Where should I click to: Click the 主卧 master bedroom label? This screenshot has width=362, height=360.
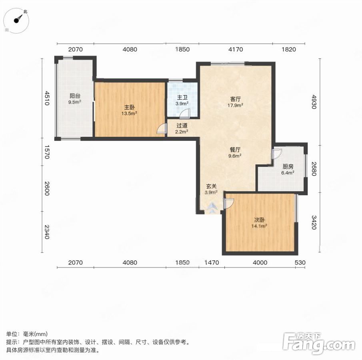[130, 107]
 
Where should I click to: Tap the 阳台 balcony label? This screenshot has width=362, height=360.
[74, 96]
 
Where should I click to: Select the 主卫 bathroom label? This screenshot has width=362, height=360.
[182, 98]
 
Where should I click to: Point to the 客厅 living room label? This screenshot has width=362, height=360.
[235, 99]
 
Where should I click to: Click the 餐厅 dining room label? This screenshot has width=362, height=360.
[235, 150]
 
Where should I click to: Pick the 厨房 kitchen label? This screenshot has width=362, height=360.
[288, 166]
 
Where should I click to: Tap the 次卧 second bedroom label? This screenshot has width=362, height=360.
[259, 220]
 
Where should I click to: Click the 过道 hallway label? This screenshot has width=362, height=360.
[182, 126]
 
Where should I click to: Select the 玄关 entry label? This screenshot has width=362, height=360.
[211, 186]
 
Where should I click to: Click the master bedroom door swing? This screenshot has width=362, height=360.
[161, 128]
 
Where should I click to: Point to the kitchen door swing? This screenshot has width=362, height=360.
[277, 154]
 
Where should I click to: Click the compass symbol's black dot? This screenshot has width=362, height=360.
[16, 21]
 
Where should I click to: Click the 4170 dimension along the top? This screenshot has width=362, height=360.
[236, 50]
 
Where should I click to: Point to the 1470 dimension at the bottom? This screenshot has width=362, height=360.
[212, 262]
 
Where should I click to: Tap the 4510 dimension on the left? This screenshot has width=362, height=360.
[47, 98]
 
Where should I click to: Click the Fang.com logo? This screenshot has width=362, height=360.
[318, 343]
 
